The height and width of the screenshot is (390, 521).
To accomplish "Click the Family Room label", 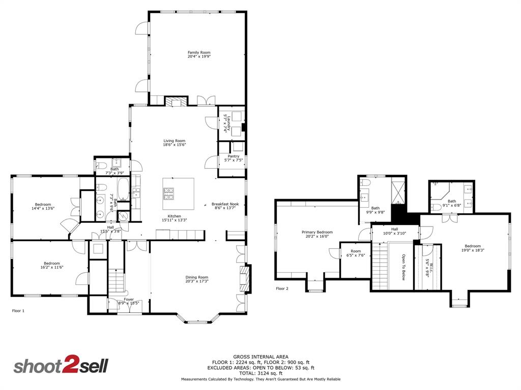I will point(198,52).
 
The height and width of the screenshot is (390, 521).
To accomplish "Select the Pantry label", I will point(234,156).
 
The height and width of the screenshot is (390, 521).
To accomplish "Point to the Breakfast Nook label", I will point(225,204).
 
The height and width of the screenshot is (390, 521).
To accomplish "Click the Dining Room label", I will point(196,277).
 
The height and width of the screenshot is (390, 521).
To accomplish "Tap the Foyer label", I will point(129,300).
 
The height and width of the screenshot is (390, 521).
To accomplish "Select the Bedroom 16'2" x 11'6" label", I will point(51,263).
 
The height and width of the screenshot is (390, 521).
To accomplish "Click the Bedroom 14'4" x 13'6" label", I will point(43,205).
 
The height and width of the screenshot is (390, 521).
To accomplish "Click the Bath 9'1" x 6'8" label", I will point(452,201).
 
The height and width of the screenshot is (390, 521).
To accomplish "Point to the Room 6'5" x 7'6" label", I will point(355,251).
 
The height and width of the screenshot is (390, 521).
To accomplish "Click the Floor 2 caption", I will point(282,288).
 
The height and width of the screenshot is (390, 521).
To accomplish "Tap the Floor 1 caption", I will point(18,310).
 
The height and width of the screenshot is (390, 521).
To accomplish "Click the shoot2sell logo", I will point(60,366).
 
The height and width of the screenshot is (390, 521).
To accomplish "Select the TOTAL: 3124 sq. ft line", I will point(260,373).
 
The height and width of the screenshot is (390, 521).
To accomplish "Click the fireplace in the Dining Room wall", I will point(245,280).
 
